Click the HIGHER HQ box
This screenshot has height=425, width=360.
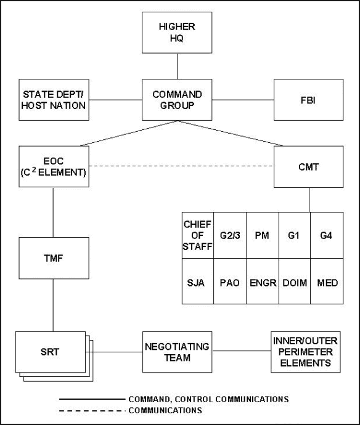click(177, 33)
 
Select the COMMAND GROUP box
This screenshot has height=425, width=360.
click(177, 100)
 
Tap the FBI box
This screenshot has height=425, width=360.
click(308, 100)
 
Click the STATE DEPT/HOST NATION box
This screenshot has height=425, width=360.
click(54, 100)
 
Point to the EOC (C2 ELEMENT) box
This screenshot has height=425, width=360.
click(54, 166)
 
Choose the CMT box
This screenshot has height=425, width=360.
click(308, 167)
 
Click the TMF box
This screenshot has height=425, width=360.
click(54, 258)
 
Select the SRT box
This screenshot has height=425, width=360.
click(51, 352)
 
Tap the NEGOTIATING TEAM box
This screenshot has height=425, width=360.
click(177, 352)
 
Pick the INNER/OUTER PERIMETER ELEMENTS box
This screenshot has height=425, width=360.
click(306, 352)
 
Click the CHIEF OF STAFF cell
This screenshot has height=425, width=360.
click(198, 235)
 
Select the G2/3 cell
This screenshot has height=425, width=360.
click(230, 235)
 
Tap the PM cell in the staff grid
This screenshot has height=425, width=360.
click(263, 235)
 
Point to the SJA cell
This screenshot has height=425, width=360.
click(198, 281)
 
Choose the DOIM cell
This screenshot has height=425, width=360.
click(295, 281)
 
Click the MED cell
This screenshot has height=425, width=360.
click(327, 281)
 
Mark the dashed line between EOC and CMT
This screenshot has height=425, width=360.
click(181, 166)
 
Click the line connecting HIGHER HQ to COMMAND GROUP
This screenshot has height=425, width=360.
click(177, 66)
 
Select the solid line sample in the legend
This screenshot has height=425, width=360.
click(92, 399)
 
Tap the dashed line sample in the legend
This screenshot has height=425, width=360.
click(92, 411)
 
